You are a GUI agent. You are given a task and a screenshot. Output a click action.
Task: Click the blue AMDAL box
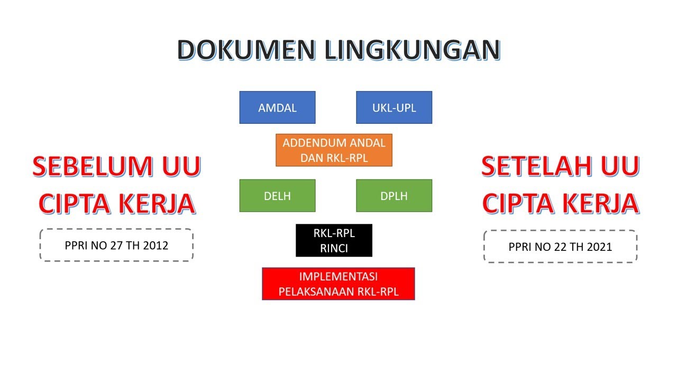coord(277,107)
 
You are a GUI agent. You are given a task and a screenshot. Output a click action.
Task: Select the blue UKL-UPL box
coord(394,107)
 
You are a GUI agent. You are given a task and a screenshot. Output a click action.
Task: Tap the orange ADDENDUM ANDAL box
coord(334,150)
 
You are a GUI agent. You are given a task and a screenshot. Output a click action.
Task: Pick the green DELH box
coord(277,196)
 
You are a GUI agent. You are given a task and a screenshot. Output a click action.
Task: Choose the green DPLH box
coord(394,196)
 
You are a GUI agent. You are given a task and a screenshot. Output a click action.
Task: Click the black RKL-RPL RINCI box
coord(334,241)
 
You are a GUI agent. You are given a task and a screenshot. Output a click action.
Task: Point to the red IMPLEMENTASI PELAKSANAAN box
coord(338,284)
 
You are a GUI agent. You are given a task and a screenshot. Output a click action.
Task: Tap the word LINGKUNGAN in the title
coord(413,50)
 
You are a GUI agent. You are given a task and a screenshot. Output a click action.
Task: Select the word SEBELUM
coord(87,166)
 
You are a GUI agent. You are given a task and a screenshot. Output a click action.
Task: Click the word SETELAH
coord(536,166)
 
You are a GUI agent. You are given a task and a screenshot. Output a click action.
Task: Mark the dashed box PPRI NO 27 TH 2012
coord(116,245)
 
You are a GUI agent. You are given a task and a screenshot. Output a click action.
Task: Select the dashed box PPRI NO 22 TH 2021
coord(560,247)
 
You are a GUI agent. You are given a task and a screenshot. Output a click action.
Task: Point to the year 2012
coord(156,246)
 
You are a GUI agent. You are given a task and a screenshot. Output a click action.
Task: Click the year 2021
coord(600,247)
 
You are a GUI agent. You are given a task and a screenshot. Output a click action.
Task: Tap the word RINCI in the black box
coord(334,248)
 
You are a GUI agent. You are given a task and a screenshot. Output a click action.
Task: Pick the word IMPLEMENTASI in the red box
coord(338,276)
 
